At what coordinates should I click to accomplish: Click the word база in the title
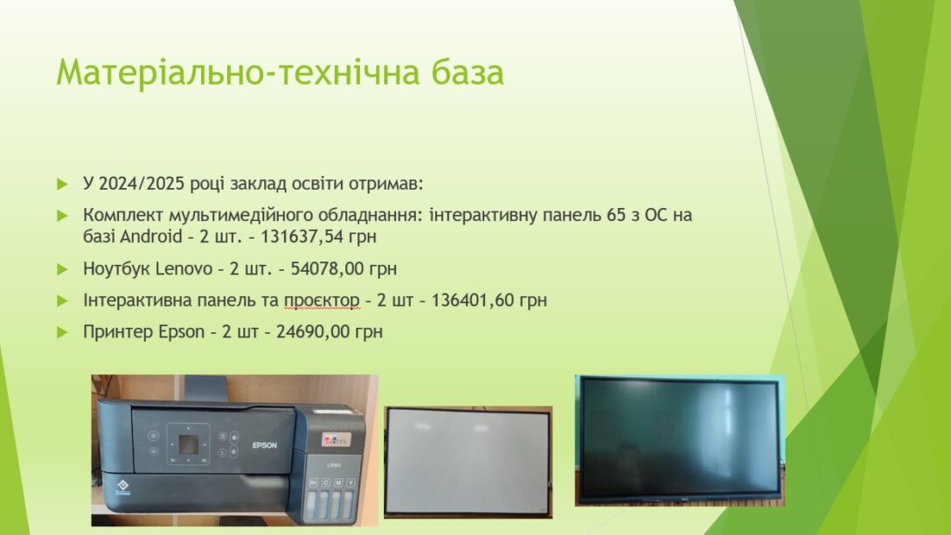(x=468, y=72)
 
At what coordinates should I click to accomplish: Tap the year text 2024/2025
(x=142, y=184)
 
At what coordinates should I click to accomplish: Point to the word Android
(x=151, y=236)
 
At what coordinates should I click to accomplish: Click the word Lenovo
(x=184, y=268)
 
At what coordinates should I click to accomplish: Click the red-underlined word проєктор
(x=322, y=301)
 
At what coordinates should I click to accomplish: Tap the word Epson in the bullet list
(x=181, y=332)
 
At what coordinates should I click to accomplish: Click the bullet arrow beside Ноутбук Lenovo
(x=62, y=268)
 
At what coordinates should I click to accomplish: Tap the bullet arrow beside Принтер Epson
(x=62, y=332)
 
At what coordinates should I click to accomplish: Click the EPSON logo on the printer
(x=265, y=445)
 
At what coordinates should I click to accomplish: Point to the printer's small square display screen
(x=188, y=445)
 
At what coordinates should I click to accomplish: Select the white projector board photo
(x=469, y=462)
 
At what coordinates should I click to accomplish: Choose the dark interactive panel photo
(x=680, y=441)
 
